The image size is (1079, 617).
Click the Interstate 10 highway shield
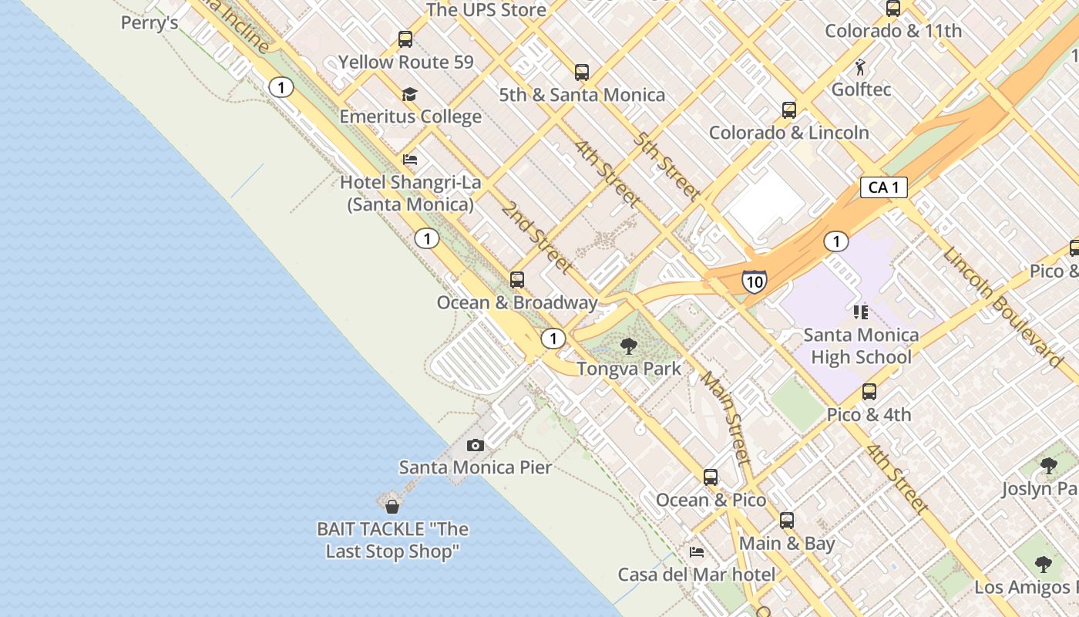pos(754,282)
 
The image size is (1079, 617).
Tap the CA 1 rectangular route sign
pos(883,187)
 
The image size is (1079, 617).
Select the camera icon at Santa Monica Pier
pos(476,445)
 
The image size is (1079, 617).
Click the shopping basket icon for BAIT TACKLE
pos(392,506)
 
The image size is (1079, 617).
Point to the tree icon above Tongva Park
pos(629,346)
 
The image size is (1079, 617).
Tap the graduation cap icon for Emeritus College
pos(409,94)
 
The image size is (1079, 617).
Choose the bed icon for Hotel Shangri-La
pos(410,160)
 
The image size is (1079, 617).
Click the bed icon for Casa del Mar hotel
pos(697,551)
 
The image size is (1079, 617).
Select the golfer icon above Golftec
pos(861,66)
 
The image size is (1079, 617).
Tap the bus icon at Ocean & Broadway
pos(517,279)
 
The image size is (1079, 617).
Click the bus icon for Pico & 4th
pos(869,392)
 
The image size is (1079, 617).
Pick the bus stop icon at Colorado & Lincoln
pos(788,110)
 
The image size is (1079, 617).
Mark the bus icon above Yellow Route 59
pos(405,39)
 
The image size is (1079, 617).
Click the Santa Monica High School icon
pos(861,312)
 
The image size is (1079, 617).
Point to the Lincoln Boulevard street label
pos(1001,306)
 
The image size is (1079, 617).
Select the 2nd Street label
pos(536,237)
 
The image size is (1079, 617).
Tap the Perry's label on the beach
pos(150,23)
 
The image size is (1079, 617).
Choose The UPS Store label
pos(486,10)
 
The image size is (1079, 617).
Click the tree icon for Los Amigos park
pos(1044,564)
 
